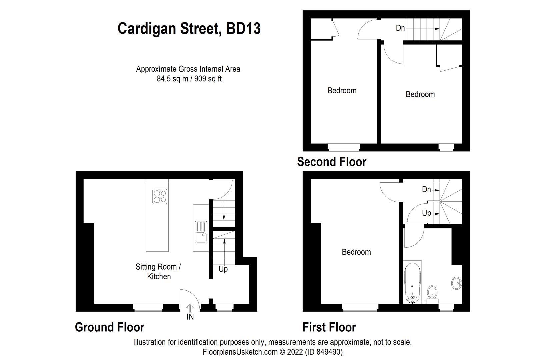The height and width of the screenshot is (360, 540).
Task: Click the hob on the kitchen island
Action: pyautogui.click(x=160, y=196)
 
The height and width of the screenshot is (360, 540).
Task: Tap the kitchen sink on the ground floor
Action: pyautogui.click(x=201, y=233)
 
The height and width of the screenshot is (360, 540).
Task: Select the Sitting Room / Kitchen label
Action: pyautogui.click(x=158, y=271)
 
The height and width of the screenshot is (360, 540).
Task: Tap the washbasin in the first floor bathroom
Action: pyautogui.click(x=456, y=284)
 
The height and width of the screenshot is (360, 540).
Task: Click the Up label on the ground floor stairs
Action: pyautogui.click(x=223, y=269)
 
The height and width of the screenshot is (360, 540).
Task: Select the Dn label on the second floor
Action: pyautogui.click(x=400, y=28)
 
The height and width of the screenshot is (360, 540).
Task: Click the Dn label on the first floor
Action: pyautogui.click(x=426, y=189)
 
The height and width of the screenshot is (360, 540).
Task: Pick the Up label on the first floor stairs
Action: pyautogui.click(x=426, y=213)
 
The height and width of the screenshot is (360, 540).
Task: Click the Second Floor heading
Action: pyautogui.click(x=331, y=162)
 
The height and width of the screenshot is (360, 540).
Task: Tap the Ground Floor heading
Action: pyautogui.click(x=109, y=327)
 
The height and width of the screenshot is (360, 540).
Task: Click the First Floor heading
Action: pyautogui.click(x=329, y=327)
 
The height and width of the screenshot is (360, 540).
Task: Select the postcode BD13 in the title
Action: pyautogui.click(x=243, y=29)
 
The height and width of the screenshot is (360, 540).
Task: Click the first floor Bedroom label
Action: pyautogui.click(x=356, y=252)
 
